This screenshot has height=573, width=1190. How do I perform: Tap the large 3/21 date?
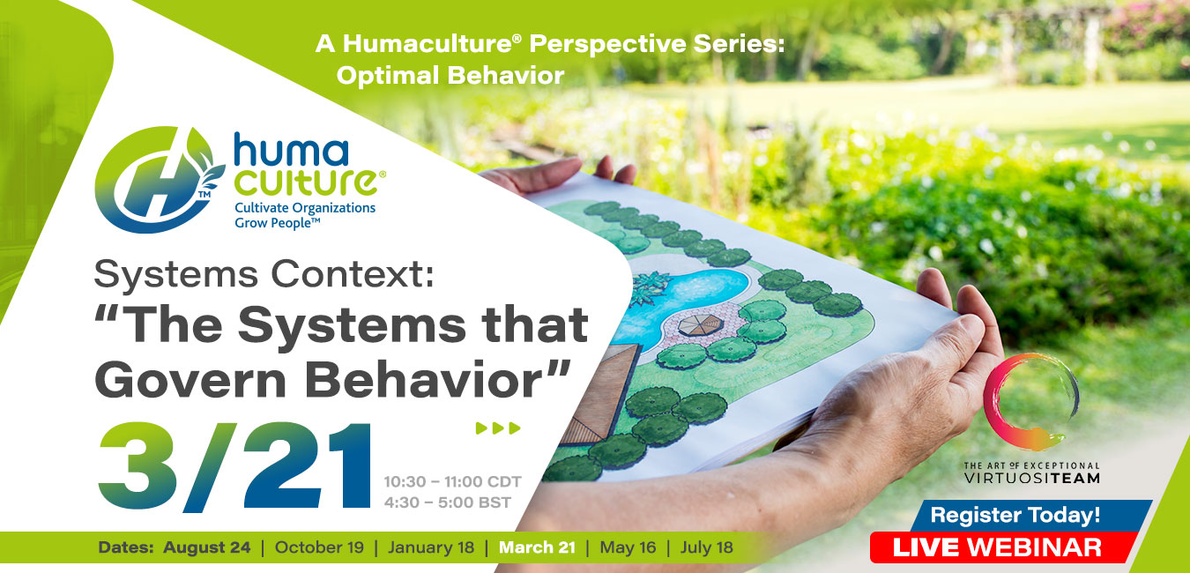point(234,467)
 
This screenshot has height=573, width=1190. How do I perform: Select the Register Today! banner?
point(1015,515)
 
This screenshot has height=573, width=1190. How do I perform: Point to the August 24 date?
point(206,547)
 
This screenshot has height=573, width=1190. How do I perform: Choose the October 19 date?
point(319,547)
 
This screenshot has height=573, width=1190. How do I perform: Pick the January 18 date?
point(430,547)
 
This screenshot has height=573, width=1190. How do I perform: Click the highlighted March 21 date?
point(537,547)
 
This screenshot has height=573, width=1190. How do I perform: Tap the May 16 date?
point(628,547)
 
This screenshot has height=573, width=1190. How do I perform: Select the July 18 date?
point(706,547)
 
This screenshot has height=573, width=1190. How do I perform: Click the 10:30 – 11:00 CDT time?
point(452,481)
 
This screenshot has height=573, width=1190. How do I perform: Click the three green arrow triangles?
point(498,429)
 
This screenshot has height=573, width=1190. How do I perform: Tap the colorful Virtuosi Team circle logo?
point(1030,402)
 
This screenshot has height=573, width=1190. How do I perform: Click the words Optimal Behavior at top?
point(450,76)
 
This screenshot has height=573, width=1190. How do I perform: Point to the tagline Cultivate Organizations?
point(304,207)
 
